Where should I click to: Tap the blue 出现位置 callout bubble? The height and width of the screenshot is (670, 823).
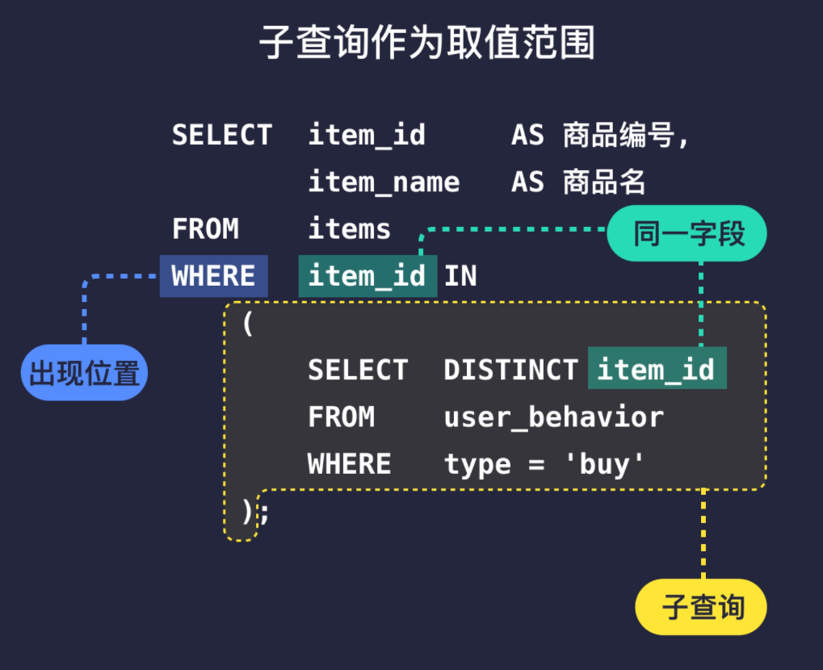click(x=84, y=373)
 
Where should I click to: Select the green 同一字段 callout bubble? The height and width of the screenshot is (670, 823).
click(x=687, y=234)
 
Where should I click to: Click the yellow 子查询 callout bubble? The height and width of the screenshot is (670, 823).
click(x=701, y=606)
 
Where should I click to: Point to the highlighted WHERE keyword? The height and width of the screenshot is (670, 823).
click(x=213, y=276)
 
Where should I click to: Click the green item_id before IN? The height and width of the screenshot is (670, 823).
click(x=367, y=276)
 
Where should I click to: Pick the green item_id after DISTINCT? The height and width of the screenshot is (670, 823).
click(x=657, y=369)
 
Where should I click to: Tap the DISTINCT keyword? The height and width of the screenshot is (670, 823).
click(x=511, y=370)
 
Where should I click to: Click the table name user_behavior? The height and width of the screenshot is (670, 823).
click(x=554, y=417)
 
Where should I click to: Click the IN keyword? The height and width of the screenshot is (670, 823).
click(x=460, y=276)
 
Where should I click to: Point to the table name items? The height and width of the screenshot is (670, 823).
click(x=350, y=229)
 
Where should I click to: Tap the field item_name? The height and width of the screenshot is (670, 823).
click(x=384, y=182)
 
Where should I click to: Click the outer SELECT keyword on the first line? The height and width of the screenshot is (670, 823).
click(x=222, y=135)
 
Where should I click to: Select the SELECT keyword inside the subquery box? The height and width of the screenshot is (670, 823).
click(x=358, y=370)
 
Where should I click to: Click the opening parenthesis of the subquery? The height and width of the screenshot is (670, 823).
click(x=248, y=323)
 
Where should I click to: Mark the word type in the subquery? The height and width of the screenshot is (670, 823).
click(x=477, y=465)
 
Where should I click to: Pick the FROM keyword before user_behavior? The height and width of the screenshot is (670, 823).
click(x=341, y=417)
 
